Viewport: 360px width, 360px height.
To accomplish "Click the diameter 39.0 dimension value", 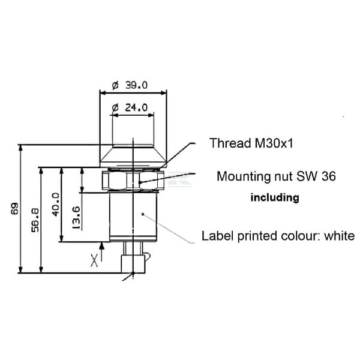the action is [x=130, y=85].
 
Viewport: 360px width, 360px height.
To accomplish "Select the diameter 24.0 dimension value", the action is [x=130, y=107].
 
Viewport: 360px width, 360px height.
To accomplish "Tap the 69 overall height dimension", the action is [x=14, y=208].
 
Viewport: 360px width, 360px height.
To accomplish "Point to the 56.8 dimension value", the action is [x=35, y=220].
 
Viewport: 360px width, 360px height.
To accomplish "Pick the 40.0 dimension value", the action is [x=55, y=205].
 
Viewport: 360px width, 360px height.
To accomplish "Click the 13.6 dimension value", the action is [x=76, y=218].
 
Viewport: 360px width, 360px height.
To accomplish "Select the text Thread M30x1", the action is [x=251, y=143].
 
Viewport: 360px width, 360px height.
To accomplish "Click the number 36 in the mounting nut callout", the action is [x=329, y=176].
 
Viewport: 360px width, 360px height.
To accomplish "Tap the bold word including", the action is [x=275, y=197].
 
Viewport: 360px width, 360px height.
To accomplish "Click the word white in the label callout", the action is [x=340, y=236].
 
